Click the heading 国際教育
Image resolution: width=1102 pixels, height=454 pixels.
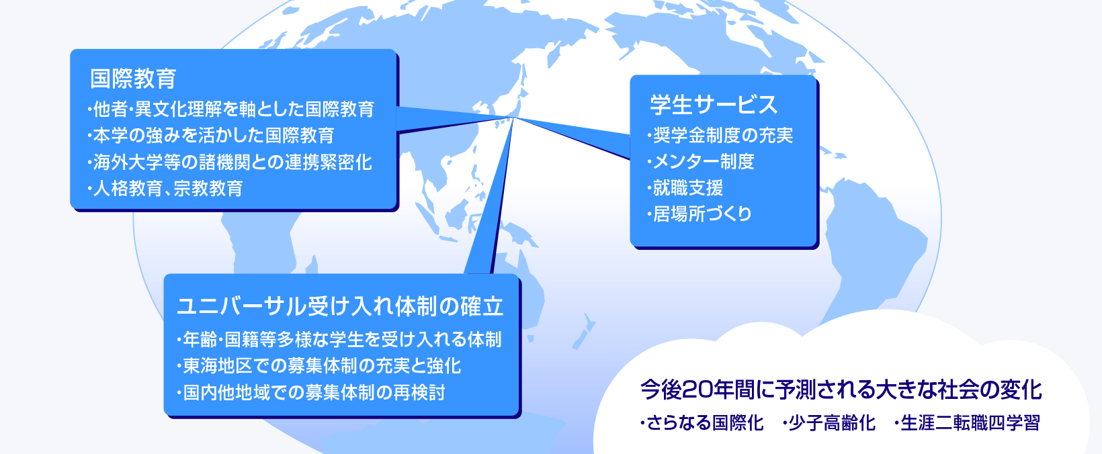point(133,79)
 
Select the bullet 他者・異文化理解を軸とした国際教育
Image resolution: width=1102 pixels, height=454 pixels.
point(230,109)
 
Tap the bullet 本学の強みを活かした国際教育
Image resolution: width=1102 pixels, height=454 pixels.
point(210,136)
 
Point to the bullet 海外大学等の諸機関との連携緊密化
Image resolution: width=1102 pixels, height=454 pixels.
point(229,163)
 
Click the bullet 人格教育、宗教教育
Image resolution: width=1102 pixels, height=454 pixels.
point(165,189)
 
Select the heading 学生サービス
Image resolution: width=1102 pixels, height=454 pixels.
point(714,105)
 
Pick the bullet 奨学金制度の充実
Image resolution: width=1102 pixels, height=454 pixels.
point(720,135)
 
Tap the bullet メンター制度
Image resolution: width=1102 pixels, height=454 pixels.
point(700,161)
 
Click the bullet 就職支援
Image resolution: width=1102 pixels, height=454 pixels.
point(685,188)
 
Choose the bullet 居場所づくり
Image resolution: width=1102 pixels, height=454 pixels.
point(699,214)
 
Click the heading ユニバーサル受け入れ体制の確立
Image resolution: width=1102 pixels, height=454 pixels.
point(340,306)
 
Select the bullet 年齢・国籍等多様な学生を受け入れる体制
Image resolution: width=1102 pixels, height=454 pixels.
point(339,339)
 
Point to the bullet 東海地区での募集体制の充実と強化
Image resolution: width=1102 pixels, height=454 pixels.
point(319,366)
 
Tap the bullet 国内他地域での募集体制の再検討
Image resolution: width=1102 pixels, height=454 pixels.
point(310,392)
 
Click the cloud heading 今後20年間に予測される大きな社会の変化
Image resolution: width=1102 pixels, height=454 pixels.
point(841,390)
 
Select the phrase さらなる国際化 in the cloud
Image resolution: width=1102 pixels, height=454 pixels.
point(702,423)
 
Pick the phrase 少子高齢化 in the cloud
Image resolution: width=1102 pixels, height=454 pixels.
point(829,423)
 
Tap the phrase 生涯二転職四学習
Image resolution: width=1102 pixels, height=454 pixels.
point(967,423)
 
